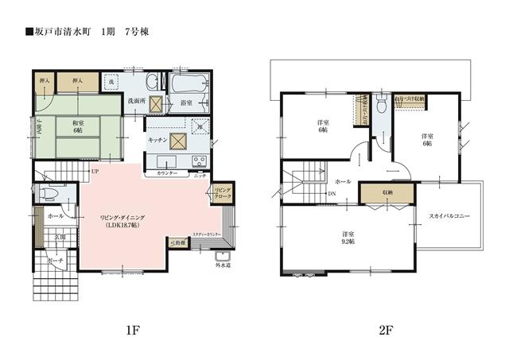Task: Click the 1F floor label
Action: pos(132,328)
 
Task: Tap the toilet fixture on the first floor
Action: pos(49,193)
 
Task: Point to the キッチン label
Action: pos(157,140)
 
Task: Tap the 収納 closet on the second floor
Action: pos(386,192)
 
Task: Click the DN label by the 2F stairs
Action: pos(331,194)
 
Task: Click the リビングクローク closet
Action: pos(220,192)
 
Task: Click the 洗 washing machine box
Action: pos(112,82)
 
